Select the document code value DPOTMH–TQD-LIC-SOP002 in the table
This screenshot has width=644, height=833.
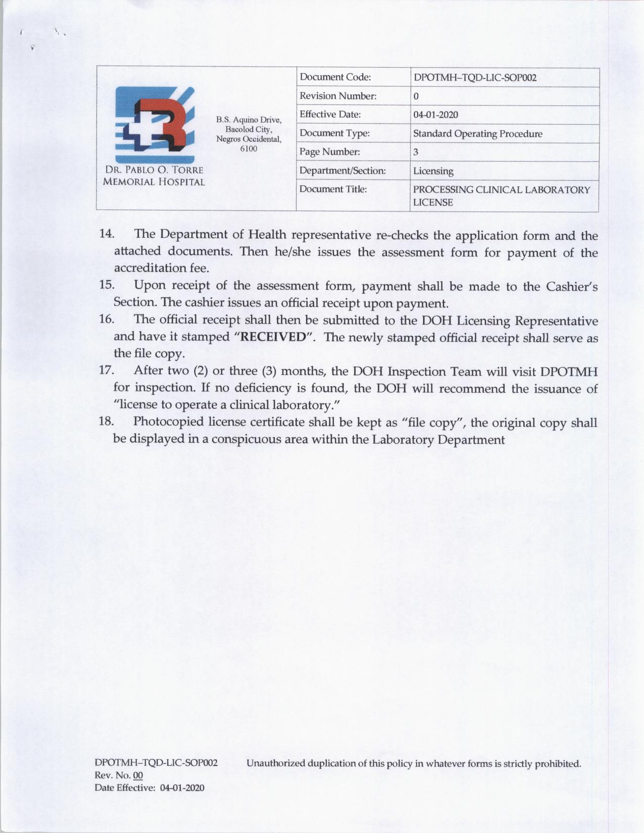pos(474,78)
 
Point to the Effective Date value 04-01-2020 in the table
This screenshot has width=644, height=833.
pos(435,115)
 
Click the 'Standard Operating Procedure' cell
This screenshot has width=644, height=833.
pos(477,134)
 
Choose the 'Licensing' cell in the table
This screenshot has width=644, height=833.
pos(433,171)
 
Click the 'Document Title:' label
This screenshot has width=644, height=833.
pos(333,189)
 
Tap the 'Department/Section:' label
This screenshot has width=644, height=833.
pos(342,171)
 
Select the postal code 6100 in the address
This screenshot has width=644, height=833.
pos(249,148)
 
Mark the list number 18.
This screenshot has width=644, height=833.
pos(106,422)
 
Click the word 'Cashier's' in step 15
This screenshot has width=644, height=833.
pos(571,286)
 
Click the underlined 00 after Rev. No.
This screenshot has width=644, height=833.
pos(137,775)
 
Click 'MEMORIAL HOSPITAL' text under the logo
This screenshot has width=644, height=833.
pos(154,182)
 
